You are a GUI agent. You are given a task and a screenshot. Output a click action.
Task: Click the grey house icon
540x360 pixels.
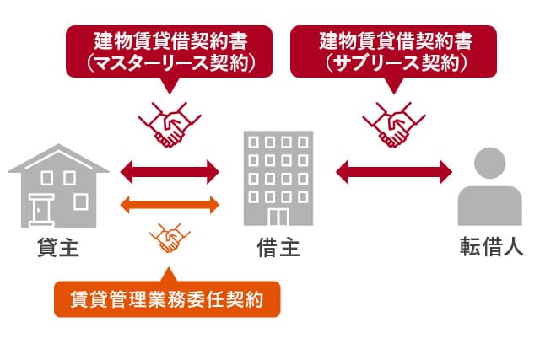click(x=58, y=187)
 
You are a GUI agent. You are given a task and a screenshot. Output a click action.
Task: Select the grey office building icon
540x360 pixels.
click(x=278, y=179)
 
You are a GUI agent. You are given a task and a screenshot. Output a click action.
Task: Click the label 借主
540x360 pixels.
click(x=278, y=248)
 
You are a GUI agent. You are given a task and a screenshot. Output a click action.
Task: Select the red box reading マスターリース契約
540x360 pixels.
click(x=170, y=51)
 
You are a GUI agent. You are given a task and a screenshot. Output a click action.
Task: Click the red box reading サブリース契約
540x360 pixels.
click(x=395, y=51)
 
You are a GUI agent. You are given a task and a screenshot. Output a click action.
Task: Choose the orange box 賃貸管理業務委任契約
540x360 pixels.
click(x=167, y=298)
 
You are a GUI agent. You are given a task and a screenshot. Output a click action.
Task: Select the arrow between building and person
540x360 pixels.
click(x=394, y=173)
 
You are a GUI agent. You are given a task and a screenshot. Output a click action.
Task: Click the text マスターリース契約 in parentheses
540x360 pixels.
click(x=170, y=62)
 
